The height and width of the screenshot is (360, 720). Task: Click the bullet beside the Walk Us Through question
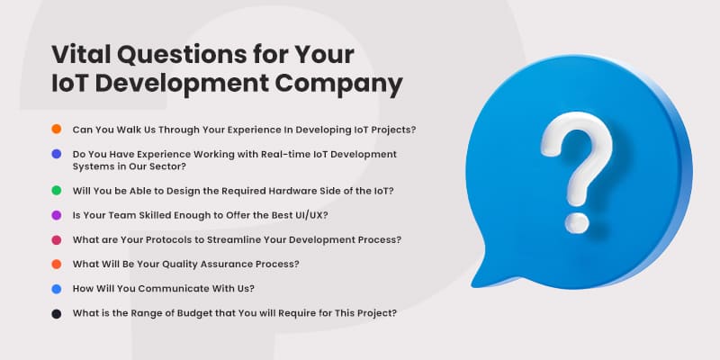click(x=56, y=130)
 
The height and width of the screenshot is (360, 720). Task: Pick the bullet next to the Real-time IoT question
click(x=56, y=154)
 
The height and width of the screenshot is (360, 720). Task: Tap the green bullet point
click(x=56, y=191)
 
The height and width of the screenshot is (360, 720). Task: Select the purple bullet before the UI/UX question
click(x=56, y=215)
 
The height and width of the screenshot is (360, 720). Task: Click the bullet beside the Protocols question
click(x=56, y=239)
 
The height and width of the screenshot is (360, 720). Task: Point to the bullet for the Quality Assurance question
click(x=56, y=264)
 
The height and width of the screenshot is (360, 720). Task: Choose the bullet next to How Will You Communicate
click(x=56, y=289)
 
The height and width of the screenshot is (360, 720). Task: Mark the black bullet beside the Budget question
click(x=56, y=313)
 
